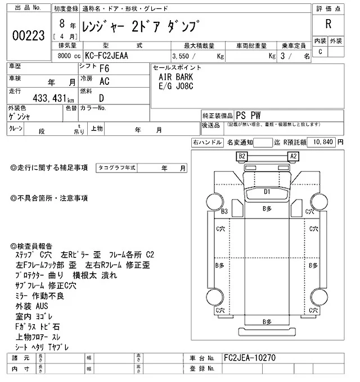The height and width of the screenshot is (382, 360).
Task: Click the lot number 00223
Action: tap(28, 35)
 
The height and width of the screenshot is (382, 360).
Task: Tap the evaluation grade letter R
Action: tap(328, 24)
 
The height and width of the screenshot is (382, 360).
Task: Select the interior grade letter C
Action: tap(320, 52)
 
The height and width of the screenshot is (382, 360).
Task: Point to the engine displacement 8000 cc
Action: tap(70, 57)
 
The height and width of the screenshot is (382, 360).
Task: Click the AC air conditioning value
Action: tap(104, 81)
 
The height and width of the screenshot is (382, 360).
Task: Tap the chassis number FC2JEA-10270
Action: tap(250, 357)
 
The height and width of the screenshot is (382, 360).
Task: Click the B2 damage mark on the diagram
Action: tap(242, 156)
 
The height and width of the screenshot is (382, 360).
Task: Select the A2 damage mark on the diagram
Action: tap(292, 156)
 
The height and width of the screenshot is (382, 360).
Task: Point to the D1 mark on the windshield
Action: tap(268, 192)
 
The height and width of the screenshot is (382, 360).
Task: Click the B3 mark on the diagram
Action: tap(224, 211)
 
